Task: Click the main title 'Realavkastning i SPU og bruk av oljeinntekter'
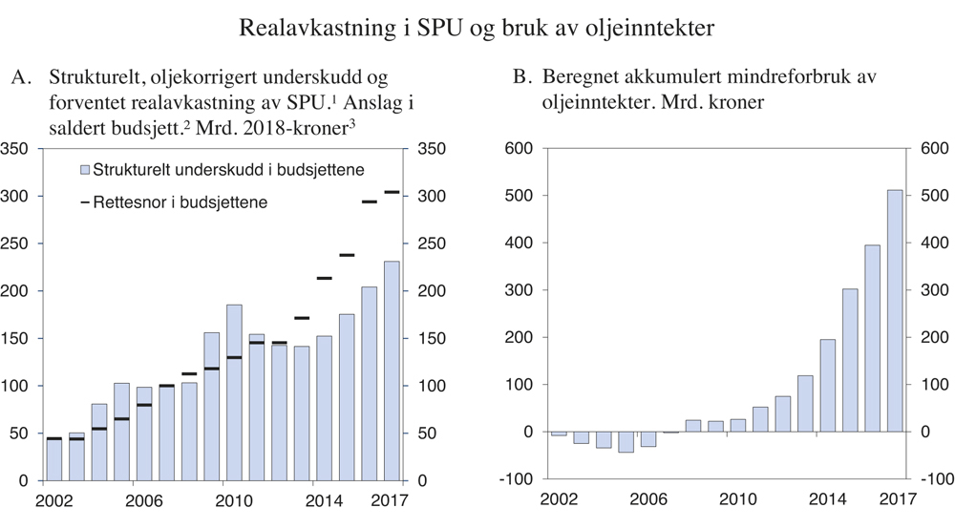477,29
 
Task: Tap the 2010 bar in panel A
234,391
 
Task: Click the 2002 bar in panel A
53,458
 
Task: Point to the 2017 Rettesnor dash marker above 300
392,192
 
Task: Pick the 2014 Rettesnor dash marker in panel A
324,278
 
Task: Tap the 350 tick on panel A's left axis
14,149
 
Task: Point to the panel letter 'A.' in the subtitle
21,76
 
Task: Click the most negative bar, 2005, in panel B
626,442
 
